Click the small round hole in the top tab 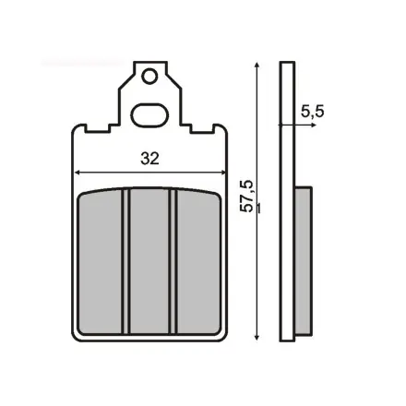(149, 76)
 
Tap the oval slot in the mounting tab (149, 115)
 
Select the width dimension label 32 (150, 159)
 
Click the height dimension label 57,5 (247, 196)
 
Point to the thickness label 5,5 (312, 112)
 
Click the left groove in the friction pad (125, 261)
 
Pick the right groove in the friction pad (173, 261)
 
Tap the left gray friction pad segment (100, 262)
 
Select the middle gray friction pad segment (149, 261)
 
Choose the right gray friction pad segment (198, 262)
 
